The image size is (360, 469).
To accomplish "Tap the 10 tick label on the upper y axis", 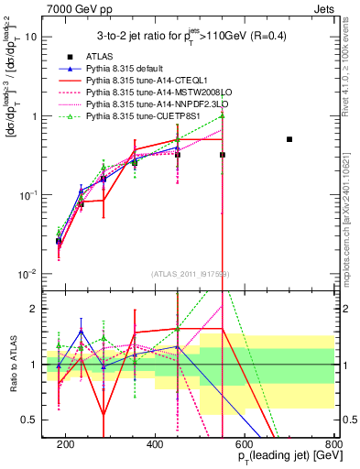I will (x=31, y=38).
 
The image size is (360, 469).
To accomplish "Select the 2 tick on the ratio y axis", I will (x=35, y=309).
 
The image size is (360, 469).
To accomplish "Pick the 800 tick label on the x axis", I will (x=333, y=443).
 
